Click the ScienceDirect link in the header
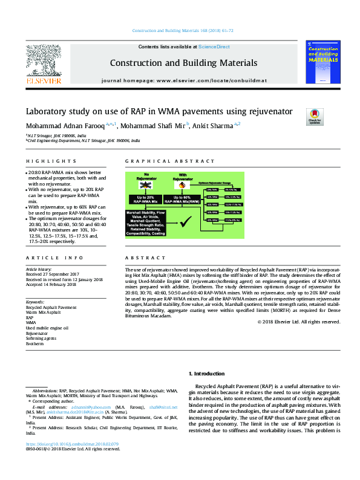(x=214, y=47)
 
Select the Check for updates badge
(x=315, y=116)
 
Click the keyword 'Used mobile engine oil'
(x=47, y=328)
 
